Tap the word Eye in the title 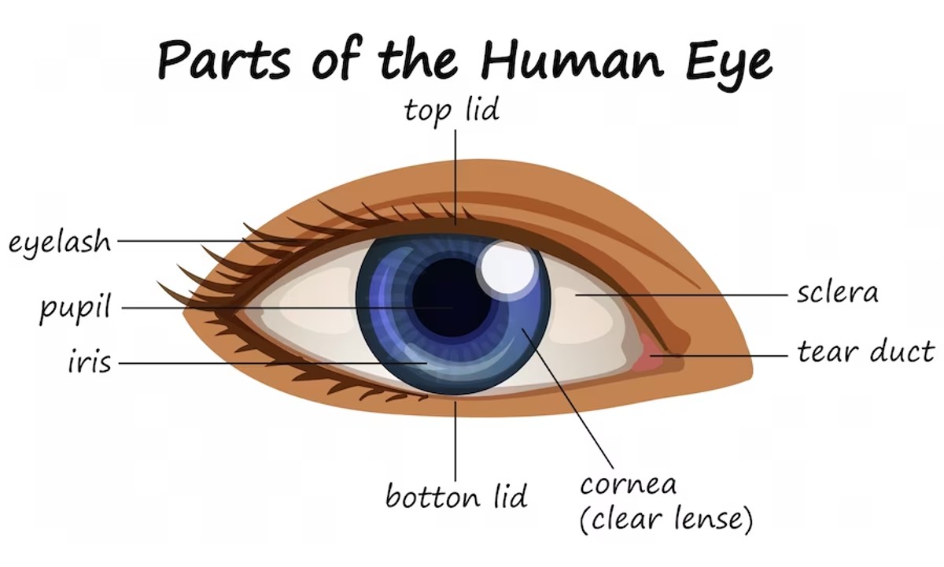(x=729, y=64)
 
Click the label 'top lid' (x=452, y=110)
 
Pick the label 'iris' (x=90, y=362)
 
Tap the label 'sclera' (x=837, y=292)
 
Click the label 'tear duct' (x=865, y=351)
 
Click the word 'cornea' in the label (x=629, y=485)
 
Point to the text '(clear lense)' (x=666, y=519)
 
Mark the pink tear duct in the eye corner (x=650, y=351)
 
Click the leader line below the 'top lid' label (x=455, y=177)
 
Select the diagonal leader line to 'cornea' (x=568, y=398)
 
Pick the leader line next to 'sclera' (x=681, y=295)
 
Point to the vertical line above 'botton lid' (x=455, y=441)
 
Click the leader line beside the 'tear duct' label (x=719, y=356)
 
